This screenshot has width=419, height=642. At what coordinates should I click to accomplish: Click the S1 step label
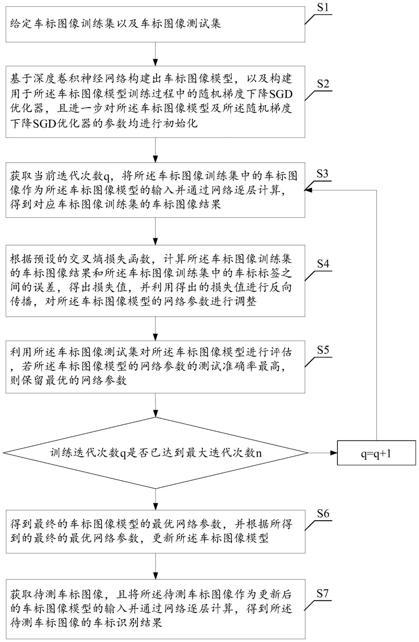tap(323, 7)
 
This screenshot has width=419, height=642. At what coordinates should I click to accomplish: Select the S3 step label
tap(322, 174)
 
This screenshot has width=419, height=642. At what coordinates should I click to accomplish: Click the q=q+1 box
tap(376, 453)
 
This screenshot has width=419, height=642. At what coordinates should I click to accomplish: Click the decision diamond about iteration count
tap(156, 453)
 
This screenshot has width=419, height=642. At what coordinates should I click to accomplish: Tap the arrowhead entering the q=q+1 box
tap(334, 453)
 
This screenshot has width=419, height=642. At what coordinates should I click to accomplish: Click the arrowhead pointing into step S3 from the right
tap(308, 190)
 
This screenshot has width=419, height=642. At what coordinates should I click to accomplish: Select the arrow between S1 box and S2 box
tap(156, 54)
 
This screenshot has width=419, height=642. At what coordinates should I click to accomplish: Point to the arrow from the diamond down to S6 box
tap(156, 499)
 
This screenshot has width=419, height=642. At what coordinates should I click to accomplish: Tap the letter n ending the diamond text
tap(259, 453)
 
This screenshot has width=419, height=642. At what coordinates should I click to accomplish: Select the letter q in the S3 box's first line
tap(106, 176)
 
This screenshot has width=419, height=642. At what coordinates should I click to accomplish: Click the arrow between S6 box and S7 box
tap(156, 566)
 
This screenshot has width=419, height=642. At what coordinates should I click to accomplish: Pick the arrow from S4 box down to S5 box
tap(156, 329)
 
